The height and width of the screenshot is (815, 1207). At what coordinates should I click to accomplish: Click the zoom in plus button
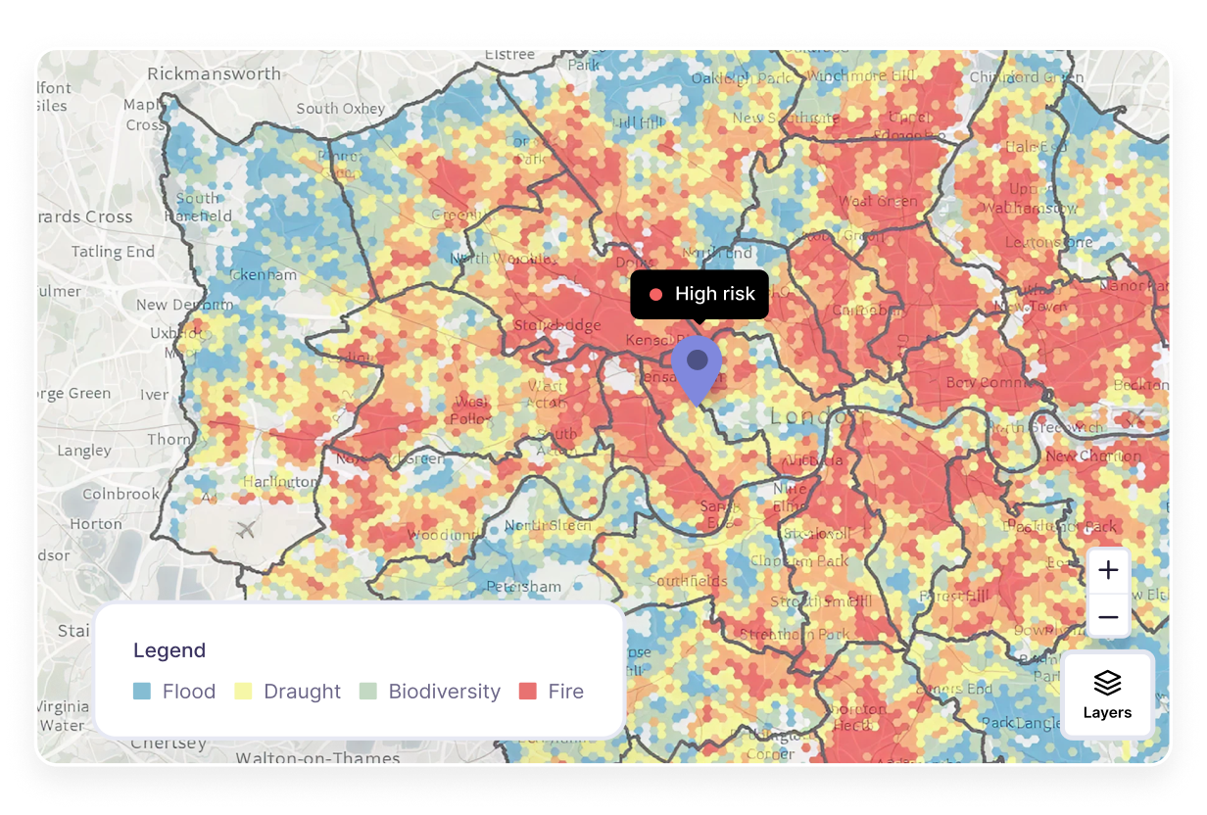coord(1108,570)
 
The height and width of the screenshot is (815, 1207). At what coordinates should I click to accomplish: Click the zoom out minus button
coord(1108,617)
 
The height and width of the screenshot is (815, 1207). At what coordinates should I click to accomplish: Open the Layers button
coord(1107,694)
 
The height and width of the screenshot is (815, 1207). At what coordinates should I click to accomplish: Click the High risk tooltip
coord(700,294)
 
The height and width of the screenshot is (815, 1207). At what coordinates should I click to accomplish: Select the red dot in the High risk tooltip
coord(655,294)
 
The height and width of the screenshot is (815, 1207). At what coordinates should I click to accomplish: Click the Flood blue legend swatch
coord(142,692)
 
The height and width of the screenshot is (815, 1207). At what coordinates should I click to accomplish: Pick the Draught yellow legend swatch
coord(243,692)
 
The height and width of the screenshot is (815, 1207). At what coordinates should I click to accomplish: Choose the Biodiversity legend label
coord(444,692)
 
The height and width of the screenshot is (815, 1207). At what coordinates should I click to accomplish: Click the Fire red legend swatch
coord(527,692)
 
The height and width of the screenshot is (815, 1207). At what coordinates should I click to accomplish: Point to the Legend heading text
coord(169,650)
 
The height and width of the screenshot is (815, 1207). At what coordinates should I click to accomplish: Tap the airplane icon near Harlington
coord(246,530)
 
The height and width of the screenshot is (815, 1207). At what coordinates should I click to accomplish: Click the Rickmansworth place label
coord(214,73)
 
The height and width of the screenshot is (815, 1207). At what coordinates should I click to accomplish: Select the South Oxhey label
coord(341,109)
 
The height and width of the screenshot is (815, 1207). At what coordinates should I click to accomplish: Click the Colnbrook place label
coord(121,494)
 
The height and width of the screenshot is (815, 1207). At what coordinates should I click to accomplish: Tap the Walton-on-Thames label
coord(304,757)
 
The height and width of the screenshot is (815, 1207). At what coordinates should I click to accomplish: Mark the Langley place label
coord(84,451)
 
